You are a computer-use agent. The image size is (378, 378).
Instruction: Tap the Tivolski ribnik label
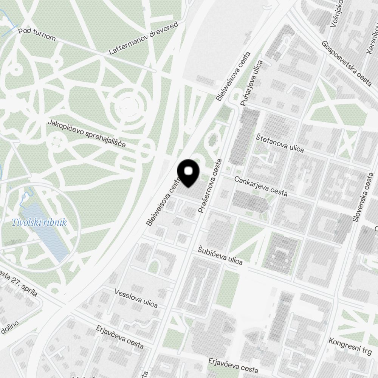click(x=39, y=222)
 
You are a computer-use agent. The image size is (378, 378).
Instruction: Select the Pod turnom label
click(x=37, y=35)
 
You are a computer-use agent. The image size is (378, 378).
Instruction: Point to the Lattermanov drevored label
click(x=143, y=38)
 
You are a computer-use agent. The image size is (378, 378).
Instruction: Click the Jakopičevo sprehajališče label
click(x=87, y=133)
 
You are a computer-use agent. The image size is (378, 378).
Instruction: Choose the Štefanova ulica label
click(x=280, y=143)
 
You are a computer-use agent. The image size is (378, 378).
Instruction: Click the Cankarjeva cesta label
click(x=261, y=186)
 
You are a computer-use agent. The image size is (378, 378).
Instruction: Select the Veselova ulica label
click(x=136, y=297)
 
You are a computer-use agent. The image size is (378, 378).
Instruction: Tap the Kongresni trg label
click(x=350, y=346)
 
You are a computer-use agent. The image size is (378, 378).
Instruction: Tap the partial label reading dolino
click(x=9, y=328)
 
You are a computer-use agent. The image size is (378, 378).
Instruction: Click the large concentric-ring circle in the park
click(x=130, y=107)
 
